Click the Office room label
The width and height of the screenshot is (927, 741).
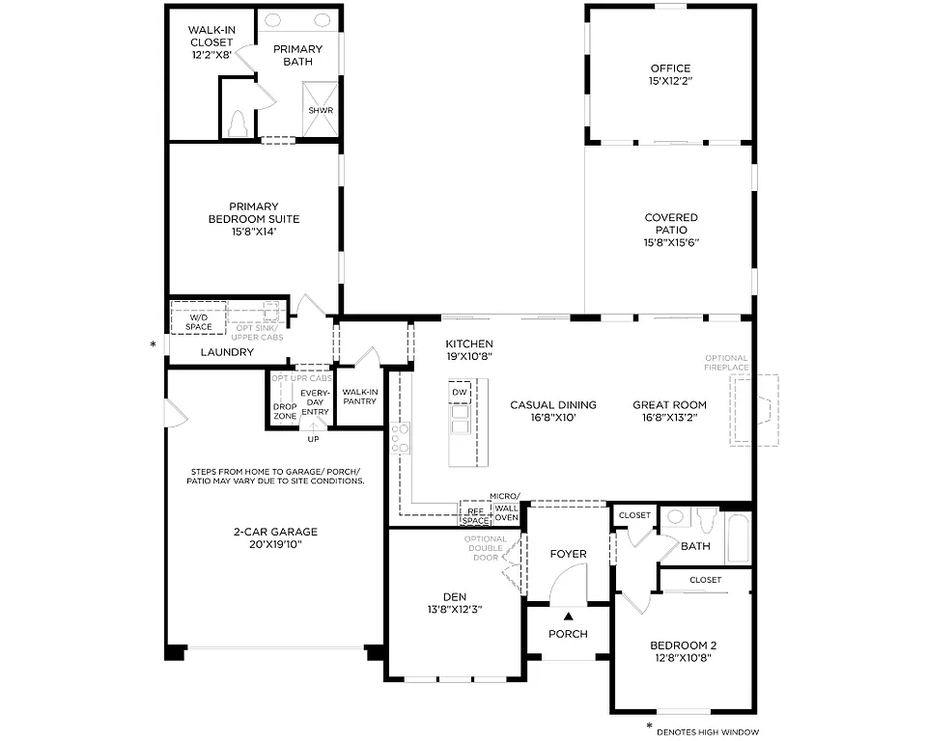click(x=670, y=69)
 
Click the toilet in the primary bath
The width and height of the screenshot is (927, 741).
click(x=238, y=124)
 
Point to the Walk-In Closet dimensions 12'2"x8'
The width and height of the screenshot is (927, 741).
click(x=212, y=56)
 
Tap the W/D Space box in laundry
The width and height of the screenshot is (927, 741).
click(x=199, y=321)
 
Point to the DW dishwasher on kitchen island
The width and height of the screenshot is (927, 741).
click(x=460, y=393)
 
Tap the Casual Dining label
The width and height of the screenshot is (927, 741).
click(x=553, y=405)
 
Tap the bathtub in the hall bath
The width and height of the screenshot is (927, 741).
click(x=738, y=538)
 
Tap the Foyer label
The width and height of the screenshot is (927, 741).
click(x=568, y=554)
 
